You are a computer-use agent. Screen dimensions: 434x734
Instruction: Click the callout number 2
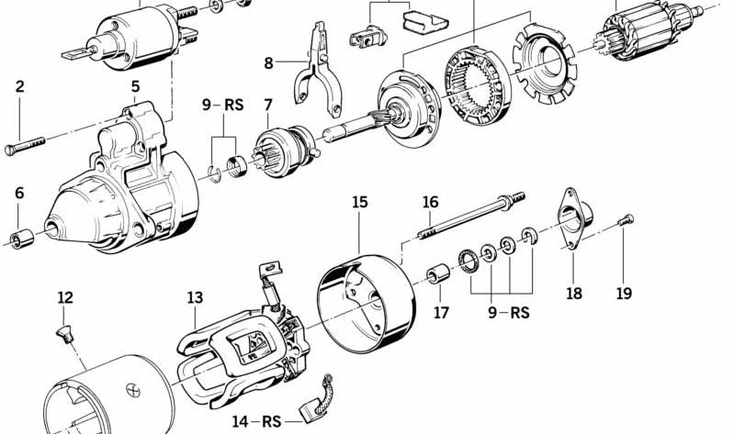(19, 87)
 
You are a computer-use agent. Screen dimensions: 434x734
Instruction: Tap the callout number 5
(135, 87)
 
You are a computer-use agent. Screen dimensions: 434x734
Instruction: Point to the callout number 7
(267, 106)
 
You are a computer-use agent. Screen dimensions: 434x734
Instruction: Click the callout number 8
(268, 63)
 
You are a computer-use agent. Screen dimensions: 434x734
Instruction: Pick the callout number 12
(64, 297)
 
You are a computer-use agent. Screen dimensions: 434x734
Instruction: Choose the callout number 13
(195, 297)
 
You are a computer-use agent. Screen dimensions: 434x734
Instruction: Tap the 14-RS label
(255, 421)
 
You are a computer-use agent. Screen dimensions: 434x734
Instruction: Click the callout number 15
(359, 201)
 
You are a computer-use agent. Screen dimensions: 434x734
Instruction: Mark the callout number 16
(431, 202)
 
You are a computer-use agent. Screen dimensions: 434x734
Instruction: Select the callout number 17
(442, 312)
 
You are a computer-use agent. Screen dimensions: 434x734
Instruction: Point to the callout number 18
(574, 294)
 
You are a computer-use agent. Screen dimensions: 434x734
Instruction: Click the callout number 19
(624, 294)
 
